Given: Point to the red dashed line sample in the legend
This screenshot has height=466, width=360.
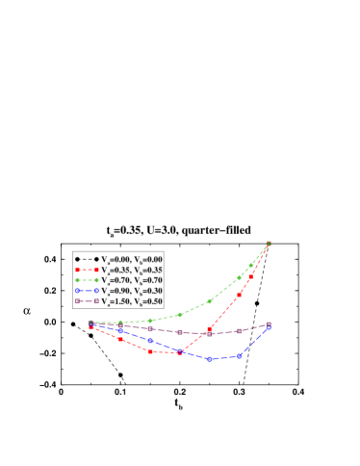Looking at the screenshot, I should [x=87, y=270].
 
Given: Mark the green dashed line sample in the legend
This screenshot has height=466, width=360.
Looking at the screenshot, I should [x=87, y=280].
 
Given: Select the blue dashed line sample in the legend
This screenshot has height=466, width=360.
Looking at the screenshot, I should [x=87, y=291].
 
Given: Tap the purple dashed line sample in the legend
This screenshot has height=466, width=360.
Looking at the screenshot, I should [x=87, y=301].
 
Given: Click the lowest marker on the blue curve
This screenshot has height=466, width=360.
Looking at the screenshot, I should [x=210, y=359].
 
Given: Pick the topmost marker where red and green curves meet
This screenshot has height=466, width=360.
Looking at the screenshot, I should [x=269, y=244].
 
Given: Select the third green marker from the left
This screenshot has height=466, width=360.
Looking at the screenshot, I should [x=150, y=321].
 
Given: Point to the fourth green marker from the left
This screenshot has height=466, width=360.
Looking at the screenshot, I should [x=180, y=314].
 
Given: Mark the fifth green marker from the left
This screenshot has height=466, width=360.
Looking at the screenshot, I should [x=210, y=301].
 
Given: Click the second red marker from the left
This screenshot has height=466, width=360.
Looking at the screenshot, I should [x=120, y=340].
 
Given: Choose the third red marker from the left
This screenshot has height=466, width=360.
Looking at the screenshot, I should [x=150, y=351].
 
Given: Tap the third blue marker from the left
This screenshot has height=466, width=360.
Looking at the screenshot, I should [x=150, y=341].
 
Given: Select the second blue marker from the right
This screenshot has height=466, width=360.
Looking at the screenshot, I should [x=239, y=356].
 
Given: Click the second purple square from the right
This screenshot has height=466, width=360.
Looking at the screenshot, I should [x=239, y=331].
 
